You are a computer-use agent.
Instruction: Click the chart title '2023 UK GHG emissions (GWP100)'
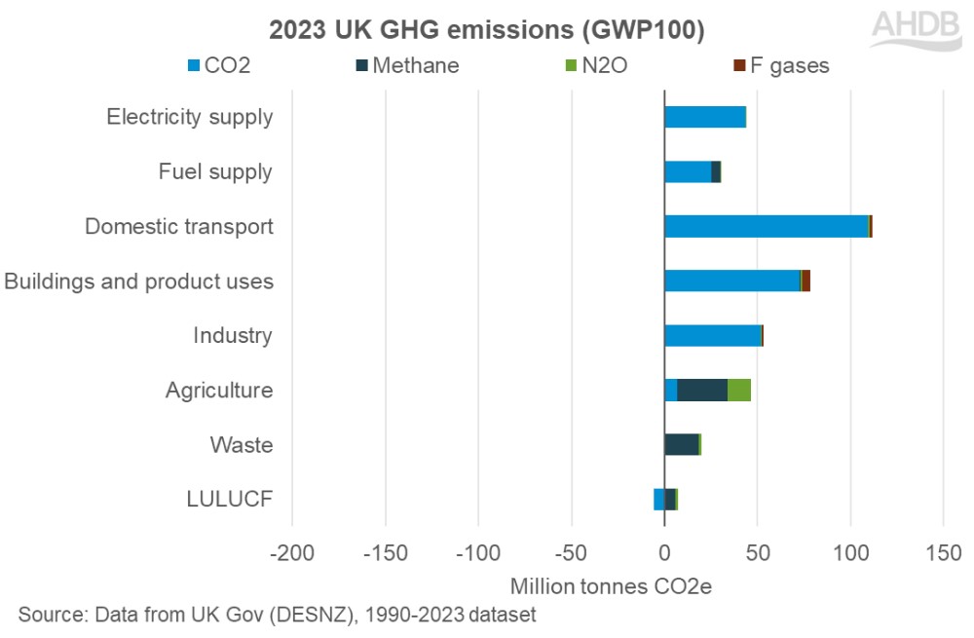[x=487, y=29]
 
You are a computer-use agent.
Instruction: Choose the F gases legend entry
[x=781, y=66]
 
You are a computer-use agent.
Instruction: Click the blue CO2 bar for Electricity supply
[x=704, y=117]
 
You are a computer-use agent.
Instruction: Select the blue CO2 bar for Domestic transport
[x=766, y=226]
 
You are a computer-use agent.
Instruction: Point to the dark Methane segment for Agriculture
[x=701, y=390]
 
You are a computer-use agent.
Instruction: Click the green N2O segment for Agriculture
[x=739, y=390]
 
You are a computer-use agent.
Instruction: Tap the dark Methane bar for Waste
[x=681, y=445]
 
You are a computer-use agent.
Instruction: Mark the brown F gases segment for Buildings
[x=806, y=281]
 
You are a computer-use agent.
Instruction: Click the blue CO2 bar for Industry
[x=712, y=335]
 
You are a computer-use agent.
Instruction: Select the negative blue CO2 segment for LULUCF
[x=658, y=500]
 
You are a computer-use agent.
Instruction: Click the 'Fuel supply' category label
[x=215, y=172]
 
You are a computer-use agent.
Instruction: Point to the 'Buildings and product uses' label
[x=138, y=281]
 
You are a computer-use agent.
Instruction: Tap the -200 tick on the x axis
[x=290, y=553]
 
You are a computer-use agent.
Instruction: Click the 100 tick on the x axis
[x=850, y=553]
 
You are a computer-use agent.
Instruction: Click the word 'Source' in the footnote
[x=50, y=616]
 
